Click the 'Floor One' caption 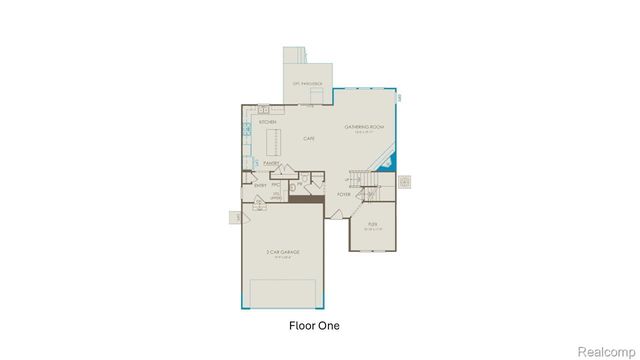pos(313,326)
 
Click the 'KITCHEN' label pos(267,122)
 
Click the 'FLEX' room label pos(372,224)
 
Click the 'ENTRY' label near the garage pos(260,184)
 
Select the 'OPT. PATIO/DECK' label pos(305,83)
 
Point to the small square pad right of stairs pos(405,181)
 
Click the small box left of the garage pos(237,217)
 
